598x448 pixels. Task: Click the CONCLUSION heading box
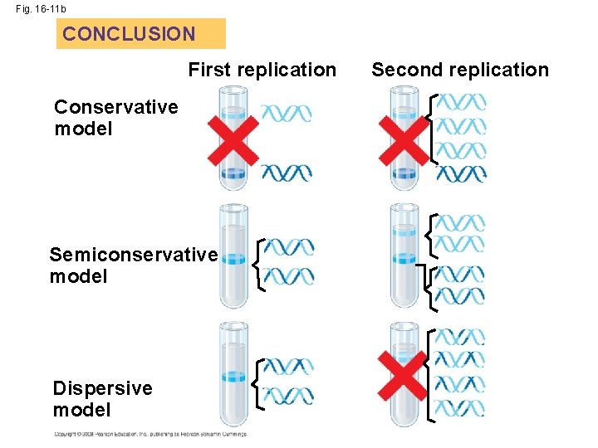140,34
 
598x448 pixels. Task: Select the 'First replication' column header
262,70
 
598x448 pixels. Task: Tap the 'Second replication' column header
460,70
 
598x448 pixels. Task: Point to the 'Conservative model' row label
115,118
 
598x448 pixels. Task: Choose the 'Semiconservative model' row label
133,265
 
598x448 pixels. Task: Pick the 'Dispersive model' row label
102,398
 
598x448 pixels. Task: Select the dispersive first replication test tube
233,373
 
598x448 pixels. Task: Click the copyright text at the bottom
149,434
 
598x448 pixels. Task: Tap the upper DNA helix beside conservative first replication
287,113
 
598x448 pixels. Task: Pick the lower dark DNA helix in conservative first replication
287,173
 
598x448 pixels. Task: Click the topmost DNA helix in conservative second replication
461,102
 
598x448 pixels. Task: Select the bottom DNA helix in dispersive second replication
459,408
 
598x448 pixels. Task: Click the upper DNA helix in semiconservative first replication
289,246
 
